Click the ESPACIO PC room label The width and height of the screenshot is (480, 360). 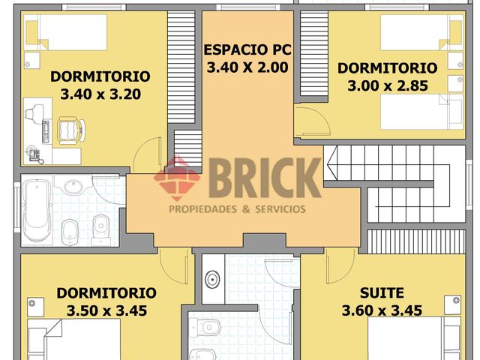click(247, 51)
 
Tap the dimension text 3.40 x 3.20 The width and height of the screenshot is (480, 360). click(100, 94)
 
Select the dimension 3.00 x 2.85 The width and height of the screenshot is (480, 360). click(387, 85)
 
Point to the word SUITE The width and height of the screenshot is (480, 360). click(382, 292)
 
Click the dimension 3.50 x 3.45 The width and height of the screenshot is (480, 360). click(106, 310)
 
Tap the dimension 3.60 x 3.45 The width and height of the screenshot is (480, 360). click(381, 310)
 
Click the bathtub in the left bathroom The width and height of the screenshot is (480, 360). click(37, 211)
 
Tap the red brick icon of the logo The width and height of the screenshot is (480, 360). click(177, 178)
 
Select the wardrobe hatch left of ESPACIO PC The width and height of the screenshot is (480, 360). click(180, 63)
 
